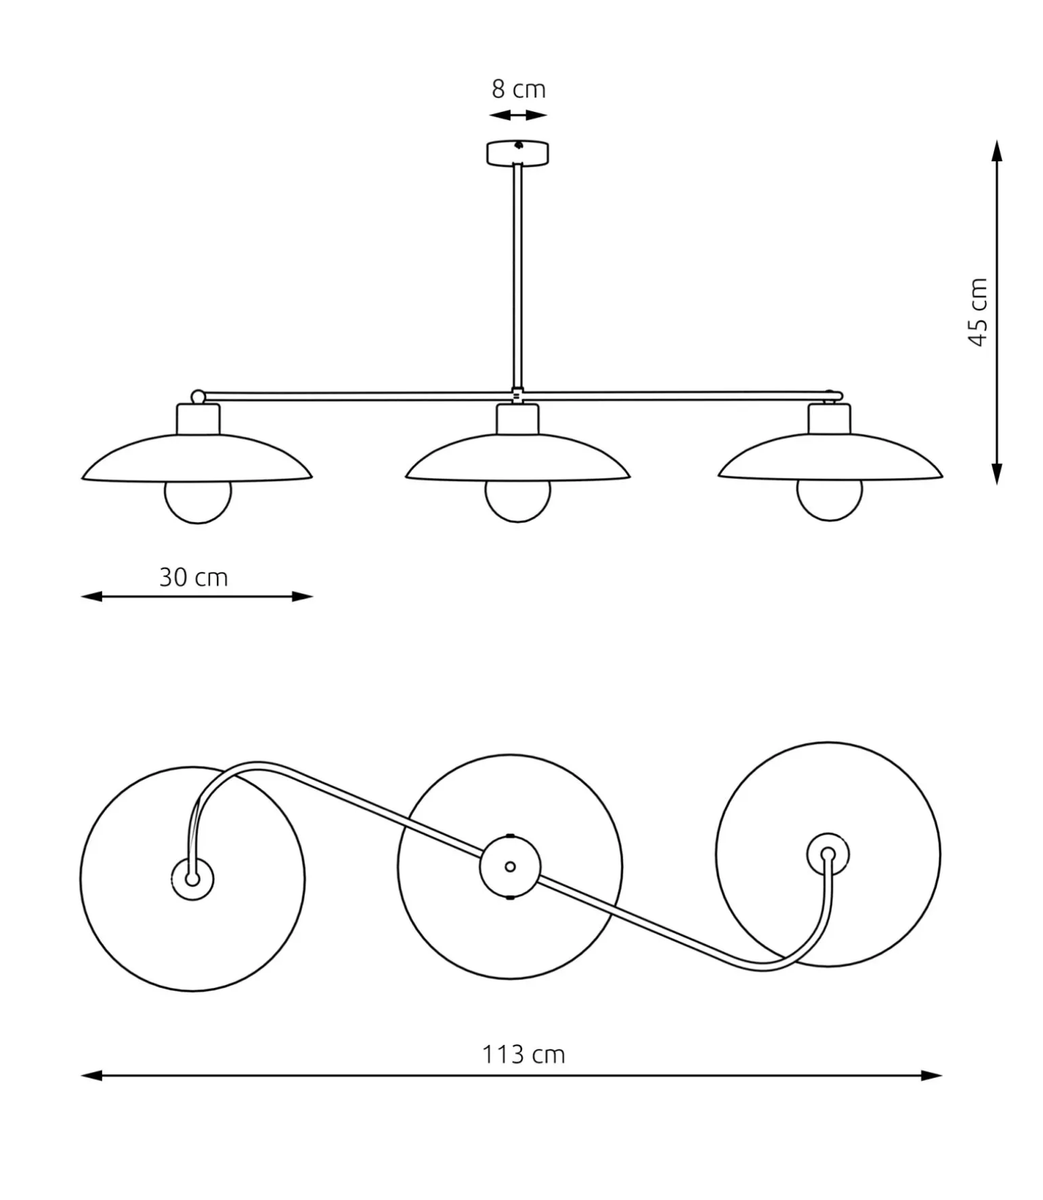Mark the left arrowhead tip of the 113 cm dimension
coord(81,1075)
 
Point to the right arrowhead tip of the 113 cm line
coord(942,1075)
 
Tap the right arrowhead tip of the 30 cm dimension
coord(313,596)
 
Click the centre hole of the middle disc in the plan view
coord(510,867)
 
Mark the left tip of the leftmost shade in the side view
coord(82,478)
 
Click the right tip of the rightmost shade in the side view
coord(942,476)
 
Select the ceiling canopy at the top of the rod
coord(517,152)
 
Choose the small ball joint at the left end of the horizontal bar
coord(198,396)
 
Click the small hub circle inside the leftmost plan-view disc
coord(192,880)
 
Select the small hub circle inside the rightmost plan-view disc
coord(828,854)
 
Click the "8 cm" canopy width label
coord(518,89)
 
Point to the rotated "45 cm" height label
coord(979,312)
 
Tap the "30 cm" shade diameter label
coord(194,577)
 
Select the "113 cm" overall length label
coord(523,1055)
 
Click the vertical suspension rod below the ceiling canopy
coord(517,276)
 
